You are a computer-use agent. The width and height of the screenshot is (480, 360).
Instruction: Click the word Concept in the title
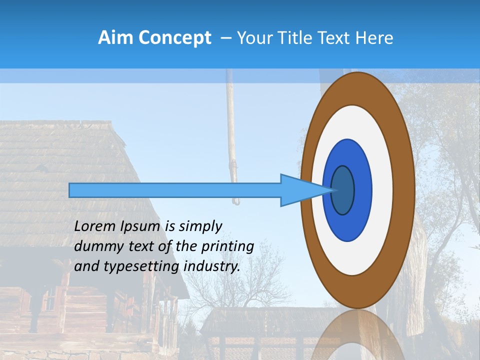click(x=175, y=38)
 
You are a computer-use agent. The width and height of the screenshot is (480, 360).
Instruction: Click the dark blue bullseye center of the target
click(x=343, y=190)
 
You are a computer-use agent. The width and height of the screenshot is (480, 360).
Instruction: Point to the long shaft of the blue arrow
click(x=175, y=190)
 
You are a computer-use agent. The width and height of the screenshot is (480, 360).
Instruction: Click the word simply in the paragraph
click(x=200, y=226)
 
